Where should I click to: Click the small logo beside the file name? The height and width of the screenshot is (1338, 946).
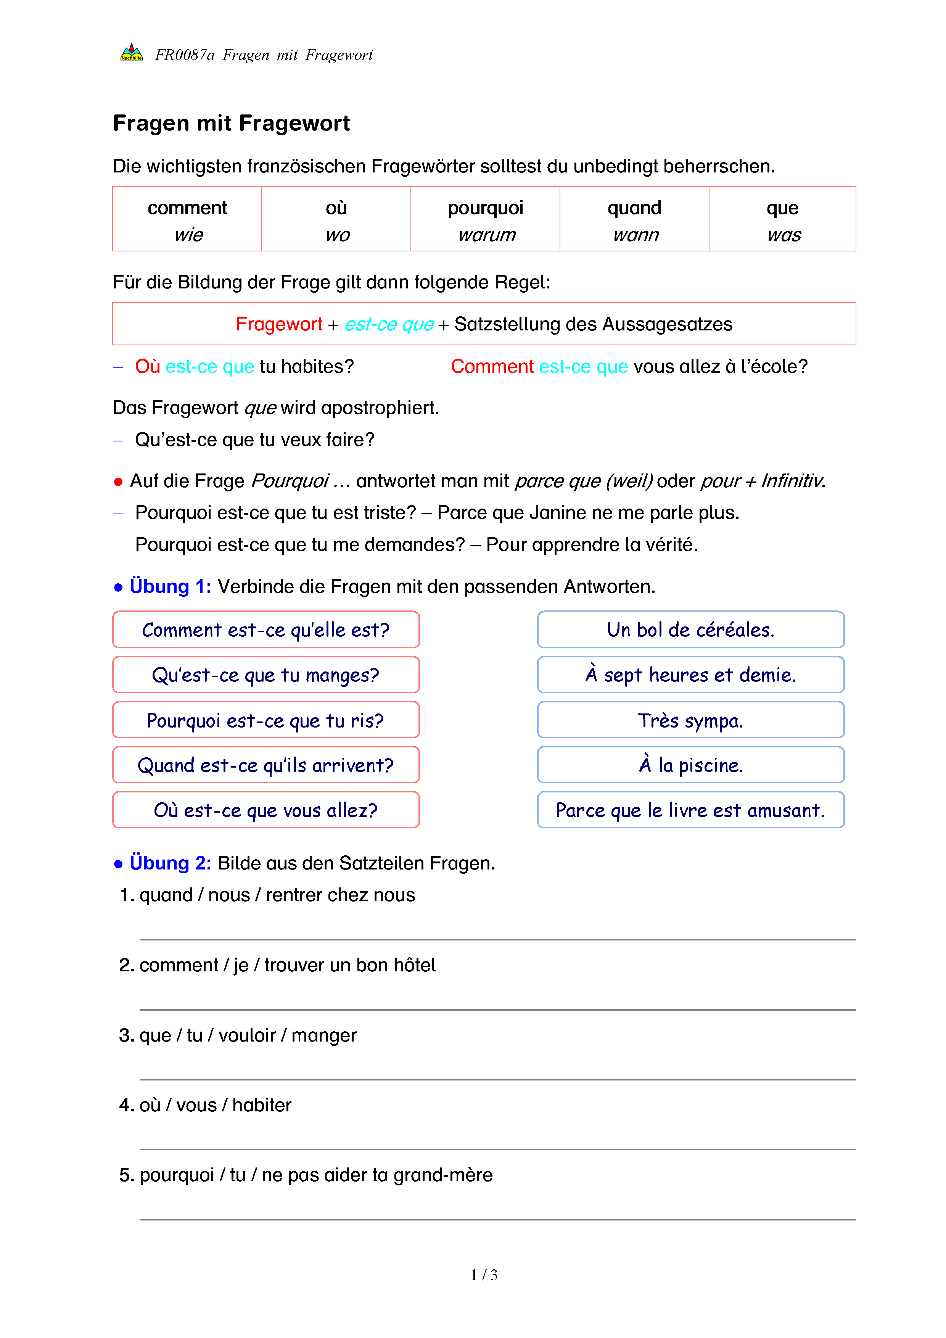132,53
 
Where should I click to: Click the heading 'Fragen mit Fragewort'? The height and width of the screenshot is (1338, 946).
231,124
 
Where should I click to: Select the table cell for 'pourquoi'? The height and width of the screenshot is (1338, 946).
485,219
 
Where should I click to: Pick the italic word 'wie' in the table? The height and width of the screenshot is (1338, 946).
189,235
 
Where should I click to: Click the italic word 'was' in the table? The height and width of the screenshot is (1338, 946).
784,235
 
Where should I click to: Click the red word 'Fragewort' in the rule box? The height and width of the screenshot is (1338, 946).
279,324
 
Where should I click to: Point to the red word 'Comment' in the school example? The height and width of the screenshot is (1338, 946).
492,367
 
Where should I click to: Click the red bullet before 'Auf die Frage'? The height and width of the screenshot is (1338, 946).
118,482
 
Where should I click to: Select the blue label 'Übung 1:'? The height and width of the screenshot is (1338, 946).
170,586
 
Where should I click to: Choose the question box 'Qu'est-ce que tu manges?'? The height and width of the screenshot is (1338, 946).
265,675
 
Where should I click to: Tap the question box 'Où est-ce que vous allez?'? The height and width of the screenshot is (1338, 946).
265,810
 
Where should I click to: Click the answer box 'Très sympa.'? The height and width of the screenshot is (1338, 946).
690,720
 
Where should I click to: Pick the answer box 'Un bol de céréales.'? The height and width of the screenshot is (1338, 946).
690,630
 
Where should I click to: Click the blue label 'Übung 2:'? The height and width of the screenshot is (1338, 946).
170,863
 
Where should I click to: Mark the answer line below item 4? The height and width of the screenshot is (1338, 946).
497,1149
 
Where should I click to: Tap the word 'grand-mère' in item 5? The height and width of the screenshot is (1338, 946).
443,1175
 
